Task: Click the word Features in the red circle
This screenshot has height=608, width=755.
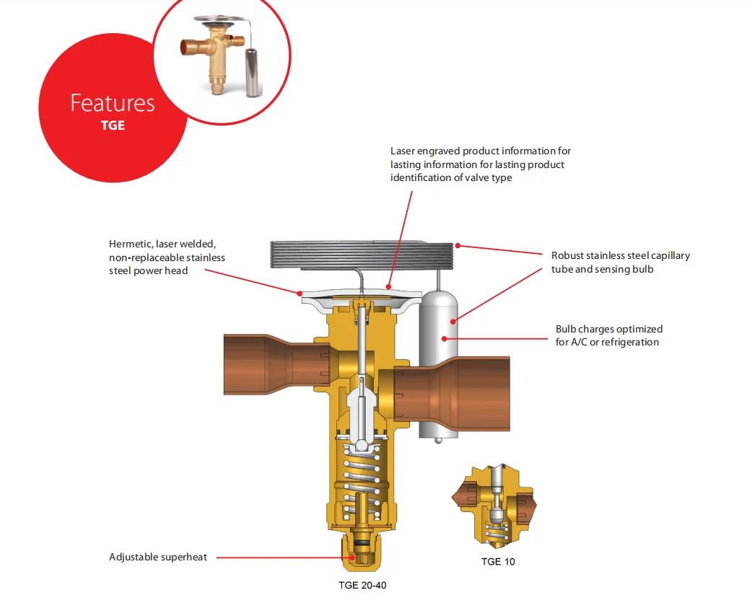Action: [x=113, y=103]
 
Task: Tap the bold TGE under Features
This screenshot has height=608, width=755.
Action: [x=113, y=125]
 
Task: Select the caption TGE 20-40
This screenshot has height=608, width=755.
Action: [x=362, y=586]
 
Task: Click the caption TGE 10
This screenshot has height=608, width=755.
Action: [x=498, y=561]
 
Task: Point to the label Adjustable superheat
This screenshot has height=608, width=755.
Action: [x=158, y=557]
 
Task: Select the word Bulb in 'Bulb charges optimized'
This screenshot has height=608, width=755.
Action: [x=566, y=329]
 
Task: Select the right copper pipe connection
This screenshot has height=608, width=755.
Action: [x=453, y=394]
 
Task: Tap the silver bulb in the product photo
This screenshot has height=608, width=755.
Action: [x=253, y=71]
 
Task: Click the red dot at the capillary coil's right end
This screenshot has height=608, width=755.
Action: [x=458, y=246]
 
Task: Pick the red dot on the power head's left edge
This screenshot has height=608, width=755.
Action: [x=300, y=294]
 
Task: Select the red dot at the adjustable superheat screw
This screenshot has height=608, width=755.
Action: [x=352, y=558]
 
